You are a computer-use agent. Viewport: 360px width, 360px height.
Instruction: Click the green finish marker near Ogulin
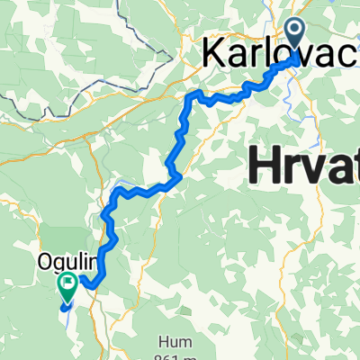68,286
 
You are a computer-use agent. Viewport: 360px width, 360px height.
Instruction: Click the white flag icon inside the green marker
68,284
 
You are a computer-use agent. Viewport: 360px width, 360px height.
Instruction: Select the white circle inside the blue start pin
297,34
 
